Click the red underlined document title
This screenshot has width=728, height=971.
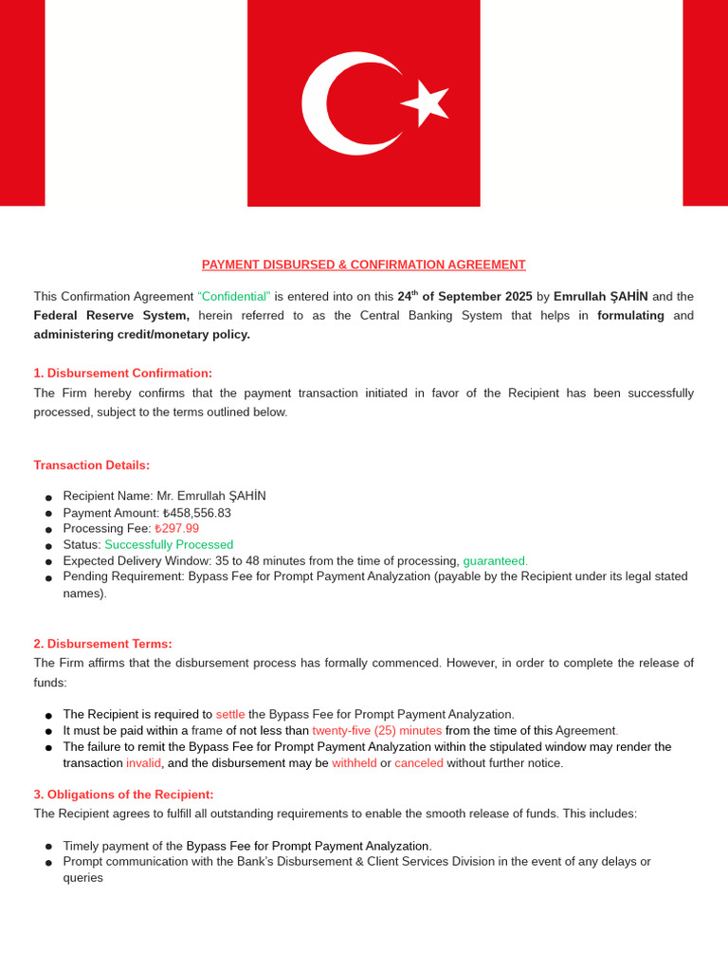click(x=363, y=265)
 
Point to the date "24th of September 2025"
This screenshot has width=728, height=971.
click(x=464, y=297)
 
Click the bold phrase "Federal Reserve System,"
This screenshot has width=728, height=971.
click(x=112, y=316)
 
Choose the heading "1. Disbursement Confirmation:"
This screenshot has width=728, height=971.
click(x=123, y=374)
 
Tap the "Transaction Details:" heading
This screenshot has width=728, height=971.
click(x=92, y=466)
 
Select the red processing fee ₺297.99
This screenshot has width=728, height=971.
click(x=177, y=529)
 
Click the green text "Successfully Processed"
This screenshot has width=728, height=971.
click(x=169, y=545)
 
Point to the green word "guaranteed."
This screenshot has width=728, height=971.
click(x=495, y=561)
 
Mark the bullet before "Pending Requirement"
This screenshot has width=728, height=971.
click(x=48, y=577)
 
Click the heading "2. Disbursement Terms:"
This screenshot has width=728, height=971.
click(x=103, y=644)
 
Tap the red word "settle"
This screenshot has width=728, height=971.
click(x=230, y=715)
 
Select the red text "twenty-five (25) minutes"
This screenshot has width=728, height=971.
click(x=376, y=731)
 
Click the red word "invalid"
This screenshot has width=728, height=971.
click(x=143, y=763)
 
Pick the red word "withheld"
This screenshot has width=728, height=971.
click(x=354, y=763)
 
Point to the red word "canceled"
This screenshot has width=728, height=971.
click(x=419, y=763)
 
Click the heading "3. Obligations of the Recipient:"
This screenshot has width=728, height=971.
click(x=123, y=795)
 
